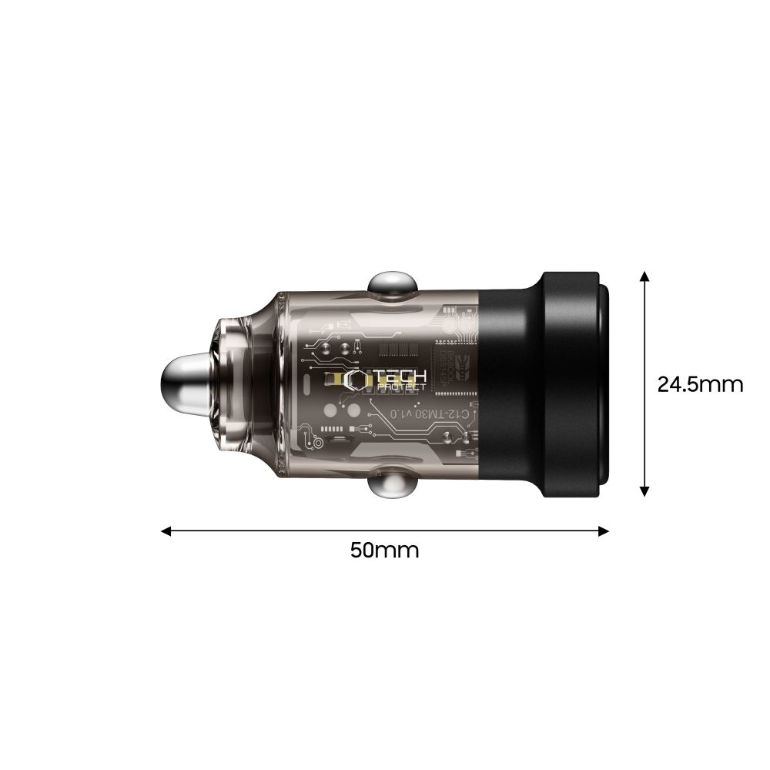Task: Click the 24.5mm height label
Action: pyautogui.click(x=700, y=384)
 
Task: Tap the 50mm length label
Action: pyautogui.click(x=384, y=551)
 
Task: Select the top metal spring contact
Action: pyautogui.click(x=390, y=284)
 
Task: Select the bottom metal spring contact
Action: pyautogui.click(x=390, y=486)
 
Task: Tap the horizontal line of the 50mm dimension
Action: pyautogui.click(x=308, y=531)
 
